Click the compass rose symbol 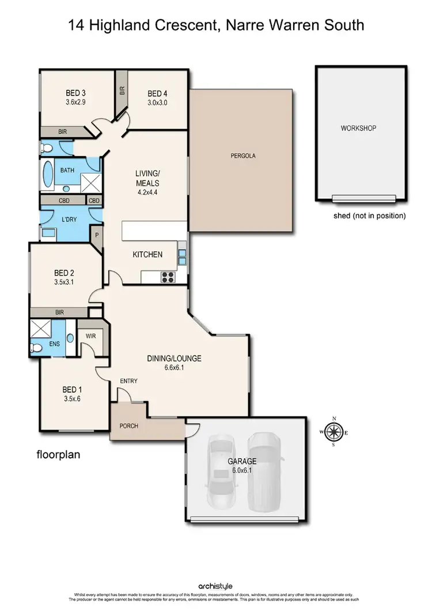coord(333,431)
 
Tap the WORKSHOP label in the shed coord(358,128)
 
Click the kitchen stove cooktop coord(168,277)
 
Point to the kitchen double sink coord(182,257)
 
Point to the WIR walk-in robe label coord(90,335)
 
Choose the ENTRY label coord(128,381)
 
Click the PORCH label coord(128,426)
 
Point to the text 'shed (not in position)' coord(370,216)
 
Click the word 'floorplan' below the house coord(58,454)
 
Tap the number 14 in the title coord(75,25)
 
